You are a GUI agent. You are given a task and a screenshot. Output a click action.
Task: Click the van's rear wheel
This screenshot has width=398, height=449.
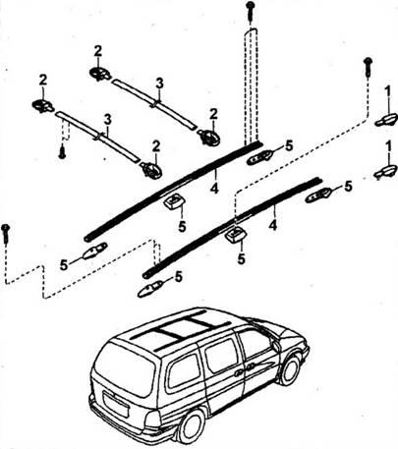click(x=191, y=425)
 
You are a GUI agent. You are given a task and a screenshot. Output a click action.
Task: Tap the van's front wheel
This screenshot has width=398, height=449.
click(x=290, y=369)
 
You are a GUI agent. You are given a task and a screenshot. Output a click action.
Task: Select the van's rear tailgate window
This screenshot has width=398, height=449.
click(x=125, y=369)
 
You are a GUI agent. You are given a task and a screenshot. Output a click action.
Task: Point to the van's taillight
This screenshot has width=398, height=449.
click(x=152, y=420)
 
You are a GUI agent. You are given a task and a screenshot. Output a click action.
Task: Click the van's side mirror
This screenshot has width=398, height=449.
click(x=275, y=346)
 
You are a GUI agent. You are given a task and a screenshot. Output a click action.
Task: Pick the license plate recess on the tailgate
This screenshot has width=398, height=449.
click(x=116, y=404)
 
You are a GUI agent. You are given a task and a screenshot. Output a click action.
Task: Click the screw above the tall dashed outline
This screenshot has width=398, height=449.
click(x=251, y=10)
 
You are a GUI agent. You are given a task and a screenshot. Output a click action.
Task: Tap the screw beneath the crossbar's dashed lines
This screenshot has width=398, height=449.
click(x=62, y=153)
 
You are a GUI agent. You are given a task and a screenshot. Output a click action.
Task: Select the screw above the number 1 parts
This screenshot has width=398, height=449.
click(x=369, y=66)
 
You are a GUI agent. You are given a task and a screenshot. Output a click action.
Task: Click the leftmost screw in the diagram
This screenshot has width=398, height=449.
click(x=6, y=233)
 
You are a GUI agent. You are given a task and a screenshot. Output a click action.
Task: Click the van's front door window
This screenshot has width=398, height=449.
click(x=256, y=342)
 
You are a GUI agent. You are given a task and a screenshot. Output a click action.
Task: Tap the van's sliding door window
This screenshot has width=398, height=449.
click(x=222, y=356)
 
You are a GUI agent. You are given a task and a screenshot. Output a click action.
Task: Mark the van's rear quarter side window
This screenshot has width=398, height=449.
click(x=184, y=370)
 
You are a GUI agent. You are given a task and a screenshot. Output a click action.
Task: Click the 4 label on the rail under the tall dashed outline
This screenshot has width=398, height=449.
click(x=214, y=188)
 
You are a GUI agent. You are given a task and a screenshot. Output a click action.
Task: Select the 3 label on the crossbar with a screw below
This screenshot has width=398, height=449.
click(x=107, y=121)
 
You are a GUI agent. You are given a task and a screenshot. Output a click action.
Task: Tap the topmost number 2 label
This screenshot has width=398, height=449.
click(x=98, y=51)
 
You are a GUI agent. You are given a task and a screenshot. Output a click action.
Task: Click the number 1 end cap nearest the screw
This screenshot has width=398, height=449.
click(x=386, y=120)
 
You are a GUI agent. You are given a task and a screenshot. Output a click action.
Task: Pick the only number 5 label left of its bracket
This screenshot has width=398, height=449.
click(x=64, y=265)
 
